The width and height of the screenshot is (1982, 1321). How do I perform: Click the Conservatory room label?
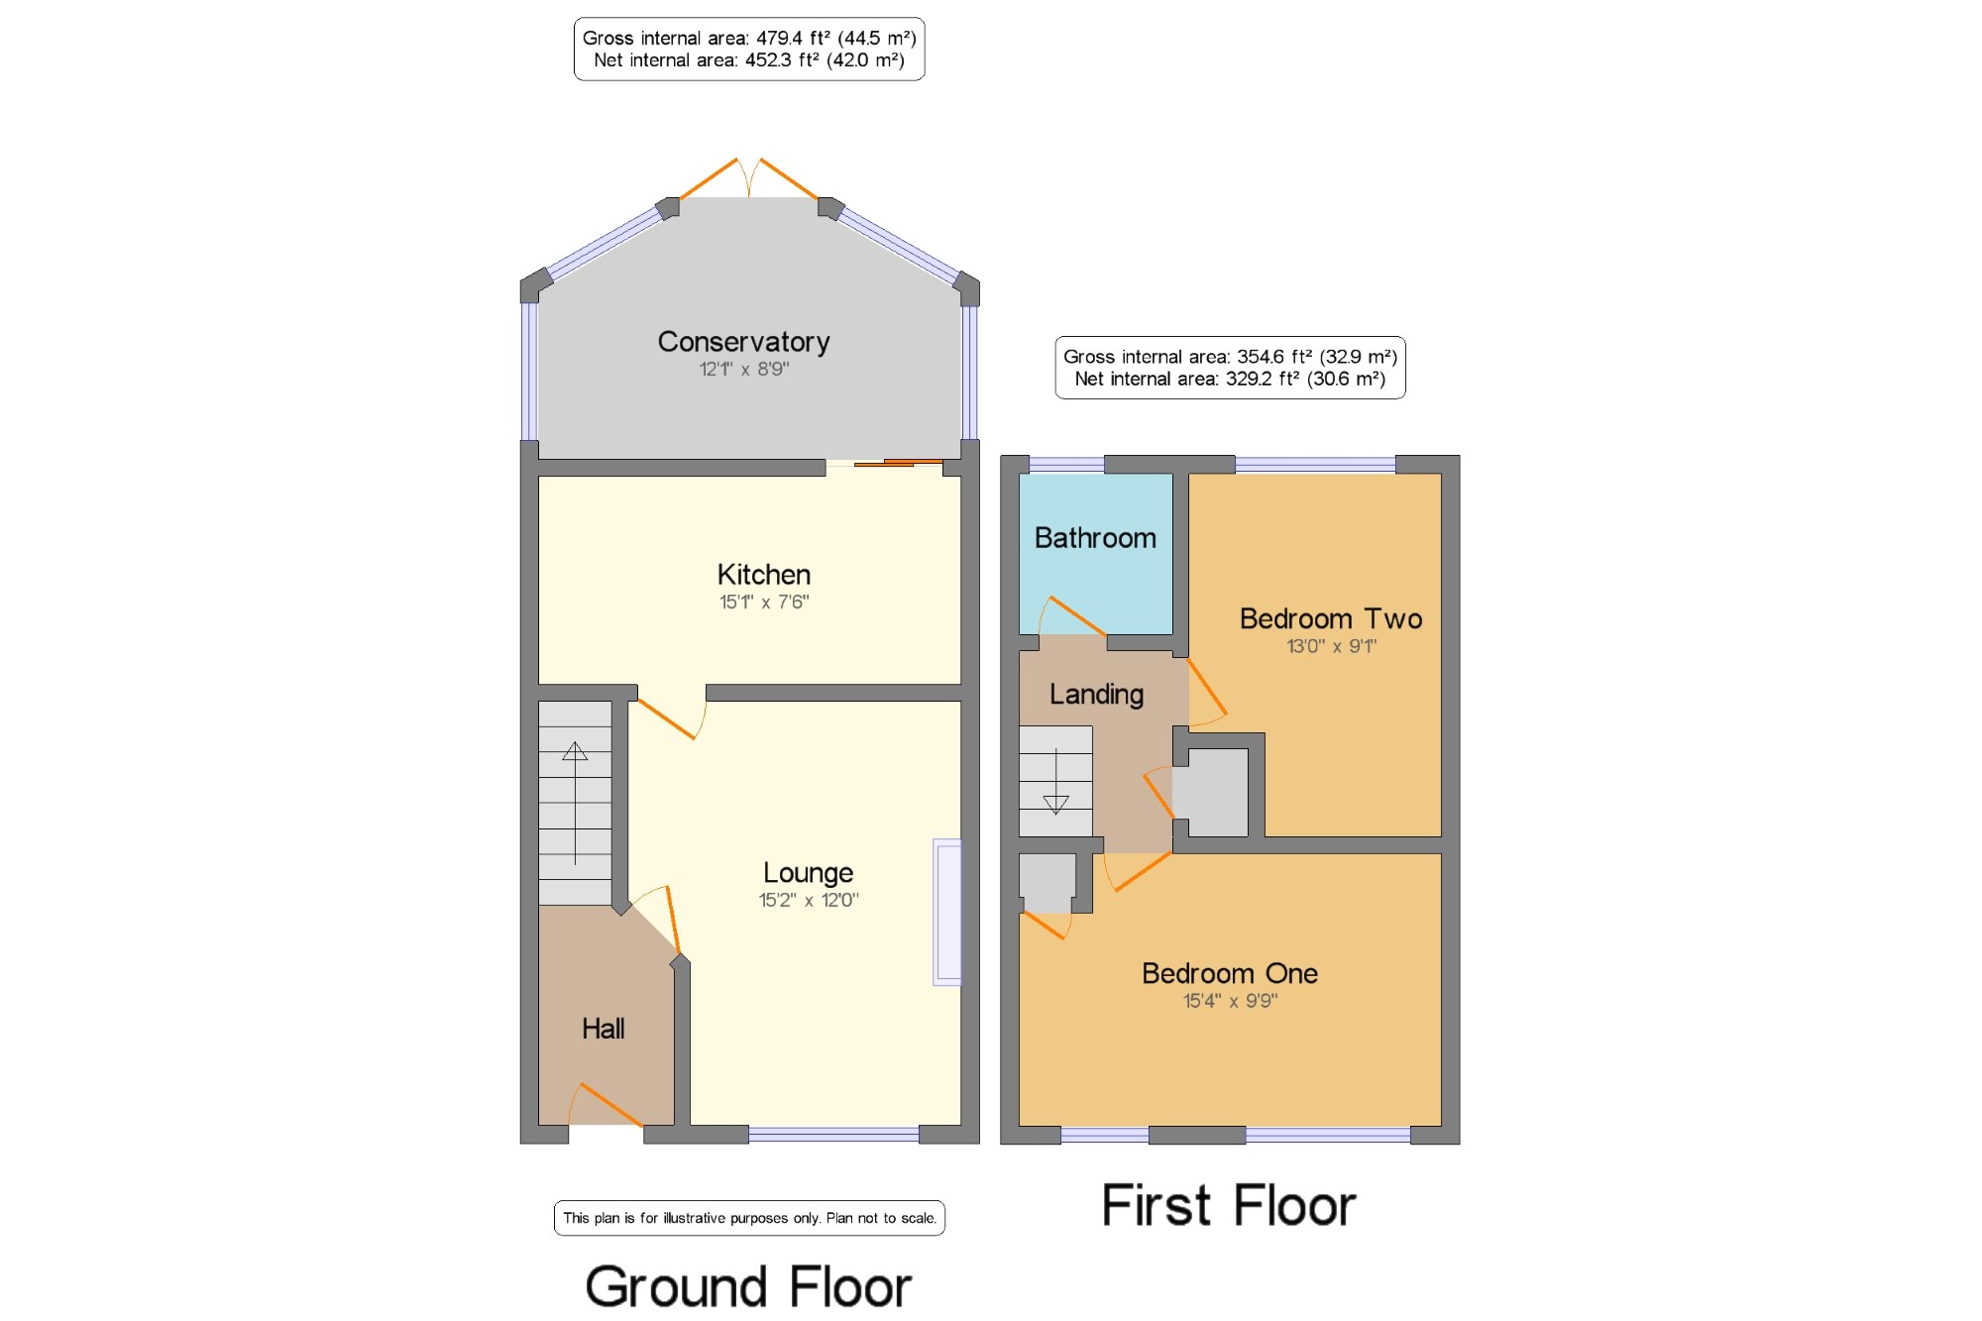point(743,342)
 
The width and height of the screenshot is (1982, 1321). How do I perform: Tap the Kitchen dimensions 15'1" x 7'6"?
point(764,602)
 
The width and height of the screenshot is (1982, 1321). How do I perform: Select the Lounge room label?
point(808,873)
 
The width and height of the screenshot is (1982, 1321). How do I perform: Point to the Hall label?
point(603,1029)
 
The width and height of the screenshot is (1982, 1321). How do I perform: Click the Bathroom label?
point(1095,538)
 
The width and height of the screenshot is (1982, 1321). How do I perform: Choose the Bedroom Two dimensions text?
point(1331,646)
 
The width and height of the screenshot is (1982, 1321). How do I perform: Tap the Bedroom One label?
point(1230,973)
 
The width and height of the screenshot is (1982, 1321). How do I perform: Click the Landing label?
point(1096,695)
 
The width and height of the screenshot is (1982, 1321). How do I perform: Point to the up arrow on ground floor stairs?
point(575,803)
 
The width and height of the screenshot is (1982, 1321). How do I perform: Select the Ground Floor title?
point(748,1286)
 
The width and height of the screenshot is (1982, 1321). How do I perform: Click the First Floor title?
point(1229,1205)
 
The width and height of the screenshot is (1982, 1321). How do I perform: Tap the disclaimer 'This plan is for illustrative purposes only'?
point(749,1218)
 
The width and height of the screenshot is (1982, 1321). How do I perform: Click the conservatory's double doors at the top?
point(749,178)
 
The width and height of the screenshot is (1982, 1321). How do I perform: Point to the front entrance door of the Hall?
point(606,1104)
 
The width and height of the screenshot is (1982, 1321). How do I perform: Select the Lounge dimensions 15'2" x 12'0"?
point(809,900)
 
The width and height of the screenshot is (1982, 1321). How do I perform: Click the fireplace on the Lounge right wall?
point(947,913)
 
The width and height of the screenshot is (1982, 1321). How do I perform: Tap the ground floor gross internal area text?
point(749,38)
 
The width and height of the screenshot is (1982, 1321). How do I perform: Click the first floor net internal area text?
point(1230,379)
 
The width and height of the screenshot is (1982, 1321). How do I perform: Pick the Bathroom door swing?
point(1072,616)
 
